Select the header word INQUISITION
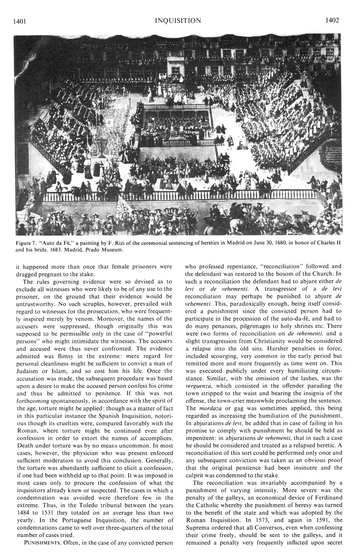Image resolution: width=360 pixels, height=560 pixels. coord(181,21)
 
